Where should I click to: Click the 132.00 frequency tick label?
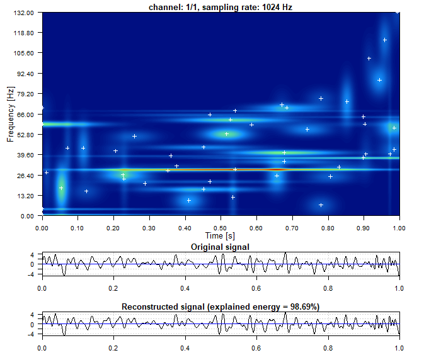tap(23, 13)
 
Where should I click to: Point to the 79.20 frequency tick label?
tap(25, 94)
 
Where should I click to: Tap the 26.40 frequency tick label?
tap(25, 176)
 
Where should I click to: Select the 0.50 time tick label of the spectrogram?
tap(220, 228)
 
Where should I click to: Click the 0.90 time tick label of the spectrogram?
tap(363, 228)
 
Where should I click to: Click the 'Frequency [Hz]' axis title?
tap(11, 115)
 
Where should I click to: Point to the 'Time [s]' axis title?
tap(220, 236)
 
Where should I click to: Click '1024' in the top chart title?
tap(271, 8)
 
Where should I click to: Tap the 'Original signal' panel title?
tap(220, 247)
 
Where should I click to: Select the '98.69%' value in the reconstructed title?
tap(305, 307)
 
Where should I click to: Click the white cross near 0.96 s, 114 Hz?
tap(385, 40)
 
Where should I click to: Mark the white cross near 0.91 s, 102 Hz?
tap(369, 59)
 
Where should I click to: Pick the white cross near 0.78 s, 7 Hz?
tap(321, 205)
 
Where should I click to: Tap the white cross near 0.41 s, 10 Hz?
tap(189, 200)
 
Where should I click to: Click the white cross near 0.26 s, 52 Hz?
tap(134, 137)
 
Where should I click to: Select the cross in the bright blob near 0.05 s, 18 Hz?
tap(61, 188)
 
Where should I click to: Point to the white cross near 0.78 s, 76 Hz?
tap(321, 99)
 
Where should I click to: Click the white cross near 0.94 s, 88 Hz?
tap(379, 80)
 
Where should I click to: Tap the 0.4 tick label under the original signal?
tap(185, 288)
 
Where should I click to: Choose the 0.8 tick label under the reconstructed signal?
tap(328, 348)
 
